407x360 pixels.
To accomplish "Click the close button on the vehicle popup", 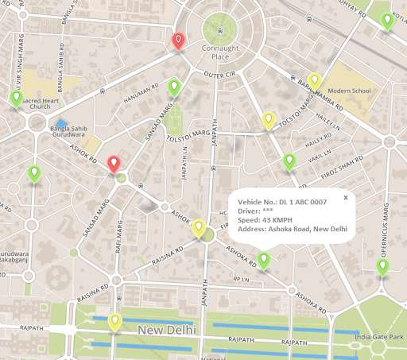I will click(x=346, y=197).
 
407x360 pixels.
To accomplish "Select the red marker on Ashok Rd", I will click(x=114, y=164).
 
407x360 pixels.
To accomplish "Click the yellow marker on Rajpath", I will click(x=115, y=322).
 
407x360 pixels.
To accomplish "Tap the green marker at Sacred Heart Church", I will click(x=16, y=99).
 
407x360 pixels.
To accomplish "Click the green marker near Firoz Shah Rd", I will click(x=289, y=162).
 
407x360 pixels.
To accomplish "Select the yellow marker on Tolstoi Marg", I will click(x=269, y=120).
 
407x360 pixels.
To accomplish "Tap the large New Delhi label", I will click(x=165, y=329).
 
